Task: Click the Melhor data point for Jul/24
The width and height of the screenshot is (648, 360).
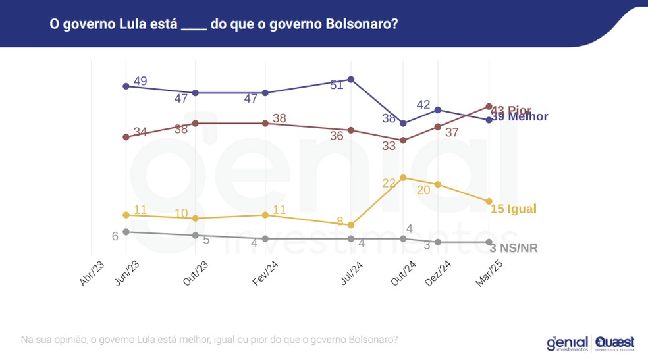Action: click(x=351, y=79)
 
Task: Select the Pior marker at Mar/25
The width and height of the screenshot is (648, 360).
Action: click(x=489, y=106)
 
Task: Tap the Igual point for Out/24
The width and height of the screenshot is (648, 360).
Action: click(x=403, y=178)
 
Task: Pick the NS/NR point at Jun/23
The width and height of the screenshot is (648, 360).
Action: click(x=126, y=231)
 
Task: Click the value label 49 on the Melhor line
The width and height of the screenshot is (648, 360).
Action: click(x=140, y=82)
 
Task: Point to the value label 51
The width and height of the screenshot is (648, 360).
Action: click(x=337, y=85)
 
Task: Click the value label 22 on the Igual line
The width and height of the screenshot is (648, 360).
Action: click(x=389, y=183)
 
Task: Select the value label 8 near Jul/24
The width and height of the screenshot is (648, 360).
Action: click(x=340, y=220)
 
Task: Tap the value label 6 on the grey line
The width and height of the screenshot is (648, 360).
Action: click(x=115, y=236)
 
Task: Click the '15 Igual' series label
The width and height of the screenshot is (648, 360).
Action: click(x=514, y=209)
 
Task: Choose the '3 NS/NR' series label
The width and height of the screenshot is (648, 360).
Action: click(x=514, y=248)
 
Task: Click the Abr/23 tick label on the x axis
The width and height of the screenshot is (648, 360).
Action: click(x=92, y=272)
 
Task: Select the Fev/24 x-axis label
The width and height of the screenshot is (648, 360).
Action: click(x=265, y=272)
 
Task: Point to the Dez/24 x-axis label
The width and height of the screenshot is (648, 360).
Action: click(x=438, y=272)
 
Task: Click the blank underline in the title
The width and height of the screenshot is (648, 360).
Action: click(x=194, y=26)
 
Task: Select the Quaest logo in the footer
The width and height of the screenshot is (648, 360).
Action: click(x=615, y=343)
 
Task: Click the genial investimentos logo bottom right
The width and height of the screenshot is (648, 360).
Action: click(x=567, y=343)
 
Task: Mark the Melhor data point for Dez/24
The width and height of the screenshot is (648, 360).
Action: click(x=438, y=109)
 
